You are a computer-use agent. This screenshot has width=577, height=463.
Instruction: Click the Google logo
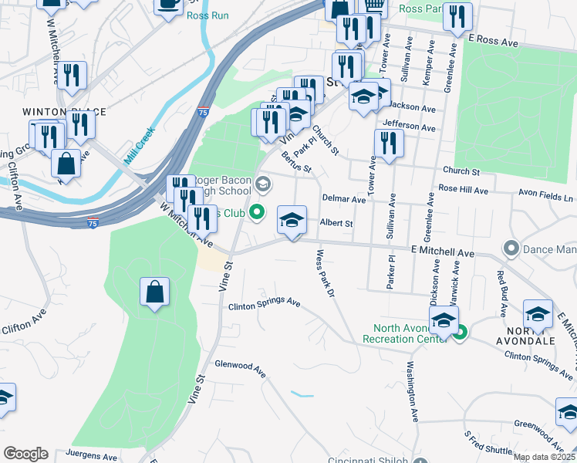[25, 454]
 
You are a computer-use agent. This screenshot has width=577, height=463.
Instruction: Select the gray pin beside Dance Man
[510, 248]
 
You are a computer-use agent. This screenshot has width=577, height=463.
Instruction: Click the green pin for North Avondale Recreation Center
[460, 333]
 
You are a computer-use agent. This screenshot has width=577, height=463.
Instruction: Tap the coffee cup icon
[169, 4]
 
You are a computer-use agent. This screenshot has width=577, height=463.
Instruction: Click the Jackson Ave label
[413, 106]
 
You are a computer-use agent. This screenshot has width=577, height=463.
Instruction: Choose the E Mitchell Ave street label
[442, 252]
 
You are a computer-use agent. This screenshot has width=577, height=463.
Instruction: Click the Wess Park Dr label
[326, 272]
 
